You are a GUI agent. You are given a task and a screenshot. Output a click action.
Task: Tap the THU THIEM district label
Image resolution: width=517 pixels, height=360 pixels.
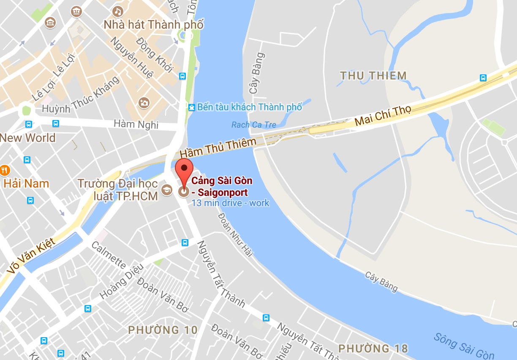click(373, 76)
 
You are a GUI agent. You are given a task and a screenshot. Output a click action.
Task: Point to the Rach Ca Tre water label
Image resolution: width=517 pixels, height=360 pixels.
click(253, 125)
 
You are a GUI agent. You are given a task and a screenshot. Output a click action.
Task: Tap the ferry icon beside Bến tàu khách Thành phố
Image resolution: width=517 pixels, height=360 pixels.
click(192, 107)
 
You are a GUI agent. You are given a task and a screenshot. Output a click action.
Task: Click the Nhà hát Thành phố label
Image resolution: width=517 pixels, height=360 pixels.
click(154, 25)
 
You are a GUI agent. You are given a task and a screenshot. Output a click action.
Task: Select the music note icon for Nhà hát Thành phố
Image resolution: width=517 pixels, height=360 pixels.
click(119, 11)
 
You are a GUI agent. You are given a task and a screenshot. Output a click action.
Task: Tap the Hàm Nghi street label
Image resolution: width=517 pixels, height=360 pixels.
click(136, 124)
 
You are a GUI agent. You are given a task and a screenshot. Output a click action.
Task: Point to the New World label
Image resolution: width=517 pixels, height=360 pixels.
click(28, 138)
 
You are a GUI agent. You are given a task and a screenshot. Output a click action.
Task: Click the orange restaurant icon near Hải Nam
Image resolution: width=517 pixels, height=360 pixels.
click(5, 170)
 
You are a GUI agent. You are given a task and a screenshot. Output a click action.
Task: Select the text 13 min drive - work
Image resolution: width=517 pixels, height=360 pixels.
click(230, 203)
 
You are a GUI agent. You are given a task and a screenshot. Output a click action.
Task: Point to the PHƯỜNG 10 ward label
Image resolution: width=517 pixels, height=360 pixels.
click(163, 330)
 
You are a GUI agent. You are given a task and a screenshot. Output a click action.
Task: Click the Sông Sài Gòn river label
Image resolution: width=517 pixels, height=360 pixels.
click(464, 346)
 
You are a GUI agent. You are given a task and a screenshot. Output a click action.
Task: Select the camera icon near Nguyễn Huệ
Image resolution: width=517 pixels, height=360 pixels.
click(144, 102)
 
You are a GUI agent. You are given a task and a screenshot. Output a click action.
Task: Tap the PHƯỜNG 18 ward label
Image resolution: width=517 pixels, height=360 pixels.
click(373, 349)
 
